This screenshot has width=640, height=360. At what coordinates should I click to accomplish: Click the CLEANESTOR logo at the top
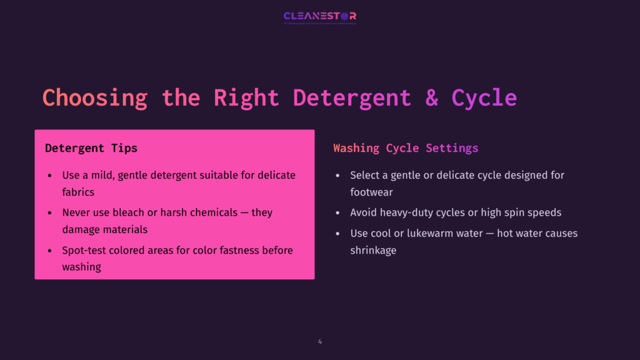[319, 16]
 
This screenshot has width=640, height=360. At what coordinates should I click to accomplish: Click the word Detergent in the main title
[352, 98]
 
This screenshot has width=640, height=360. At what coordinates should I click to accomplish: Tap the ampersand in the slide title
[431, 98]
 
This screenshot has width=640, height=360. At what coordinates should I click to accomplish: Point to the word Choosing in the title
[94, 98]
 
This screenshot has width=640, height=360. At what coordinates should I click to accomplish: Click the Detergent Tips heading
[91, 148]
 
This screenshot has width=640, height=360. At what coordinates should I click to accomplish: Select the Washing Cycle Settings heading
[406, 148]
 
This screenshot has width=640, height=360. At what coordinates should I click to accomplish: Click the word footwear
[371, 192]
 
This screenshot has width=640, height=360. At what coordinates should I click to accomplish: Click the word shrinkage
[373, 250]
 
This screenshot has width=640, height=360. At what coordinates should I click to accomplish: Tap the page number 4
[320, 342]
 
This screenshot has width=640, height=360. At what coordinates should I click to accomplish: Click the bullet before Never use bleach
[50, 213]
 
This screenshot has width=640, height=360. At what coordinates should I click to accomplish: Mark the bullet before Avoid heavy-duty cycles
[338, 213]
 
